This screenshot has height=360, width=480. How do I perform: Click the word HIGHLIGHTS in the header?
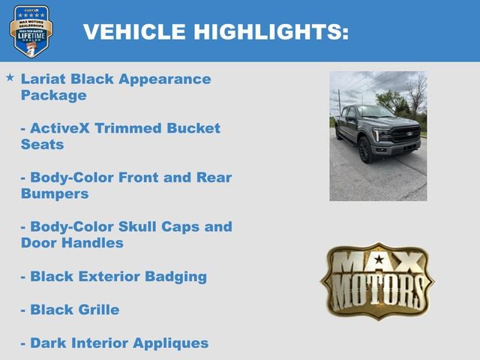pyautogui.click(x=271, y=31)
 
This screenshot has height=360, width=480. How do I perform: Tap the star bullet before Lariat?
pyautogui.click(x=10, y=77)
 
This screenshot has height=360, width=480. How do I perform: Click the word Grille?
pyautogui.click(x=97, y=309)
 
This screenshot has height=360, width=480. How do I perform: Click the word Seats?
pyautogui.click(x=43, y=144)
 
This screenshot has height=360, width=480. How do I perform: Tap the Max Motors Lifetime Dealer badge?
pyautogui.click(x=31, y=31)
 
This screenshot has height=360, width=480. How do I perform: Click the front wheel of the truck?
pyautogui.click(x=365, y=151)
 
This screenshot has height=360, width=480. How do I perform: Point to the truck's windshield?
pyautogui.click(x=374, y=112)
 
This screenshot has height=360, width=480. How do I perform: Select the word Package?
pyautogui.click(x=54, y=95)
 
